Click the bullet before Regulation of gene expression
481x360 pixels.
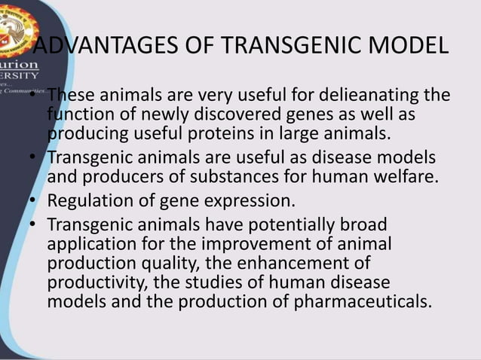coord(33,202)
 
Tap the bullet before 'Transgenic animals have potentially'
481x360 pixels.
coord(33,224)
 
